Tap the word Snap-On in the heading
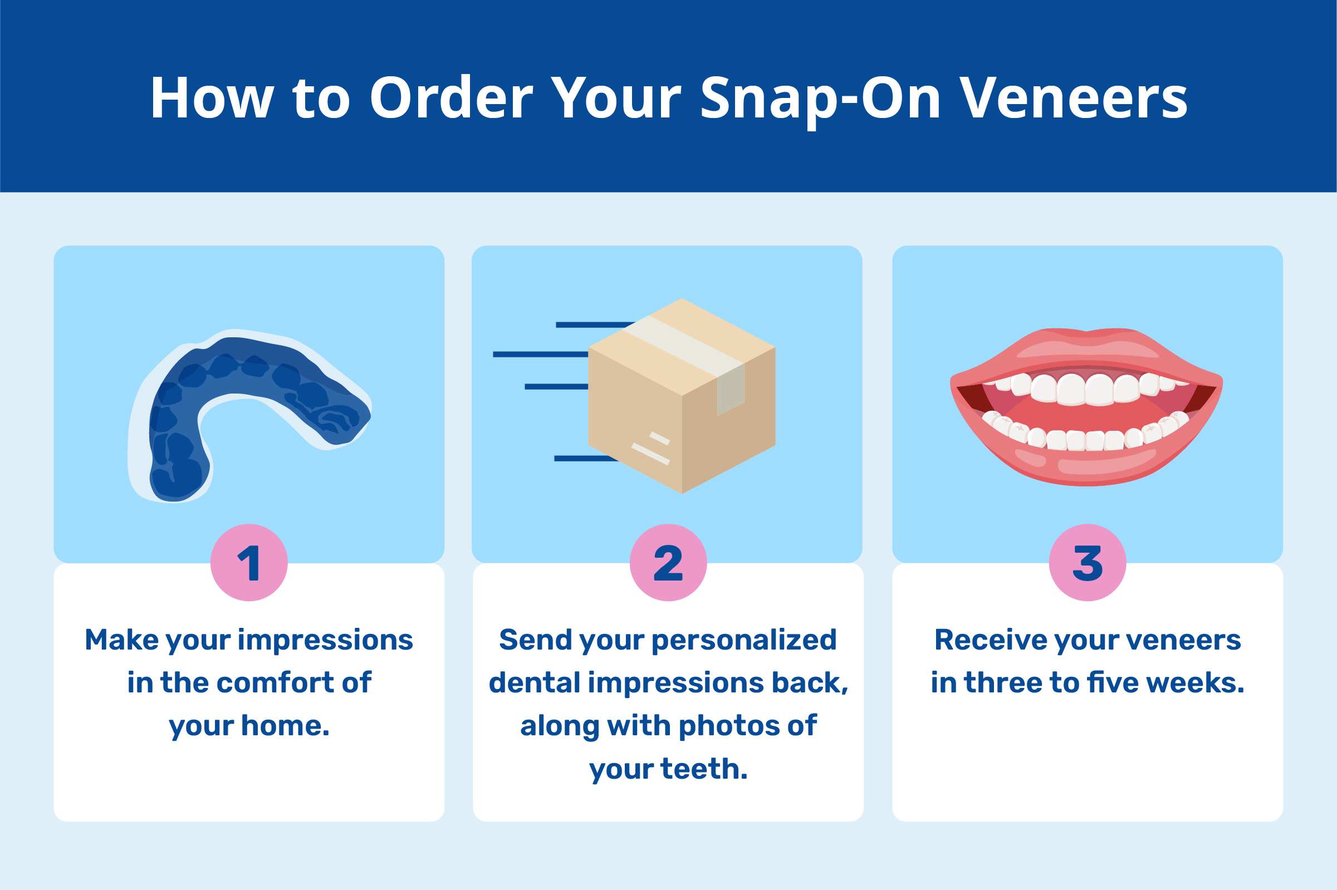[x=820, y=99]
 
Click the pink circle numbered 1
[x=249, y=563]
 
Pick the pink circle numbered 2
[x=668, y=563]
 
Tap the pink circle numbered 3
[x=1087, y=563]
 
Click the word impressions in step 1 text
[x=325, y=640]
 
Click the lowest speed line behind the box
[x=585, y=459]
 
